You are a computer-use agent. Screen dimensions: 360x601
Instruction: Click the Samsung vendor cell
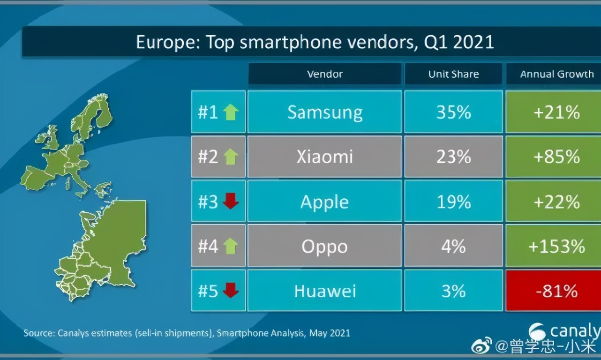[324, 112]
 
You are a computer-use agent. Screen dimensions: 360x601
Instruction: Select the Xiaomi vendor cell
[324, 157]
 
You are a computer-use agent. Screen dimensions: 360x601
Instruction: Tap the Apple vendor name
[324, 202]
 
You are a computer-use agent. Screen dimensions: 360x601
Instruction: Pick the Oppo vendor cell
[324, 247]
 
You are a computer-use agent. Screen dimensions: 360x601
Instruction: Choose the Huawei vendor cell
[324, 291]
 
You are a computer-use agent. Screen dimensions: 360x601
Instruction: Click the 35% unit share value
[453, 112]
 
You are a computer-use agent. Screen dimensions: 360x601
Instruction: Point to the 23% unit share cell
[453, 157]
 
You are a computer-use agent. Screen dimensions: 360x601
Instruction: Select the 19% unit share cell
[453, 202]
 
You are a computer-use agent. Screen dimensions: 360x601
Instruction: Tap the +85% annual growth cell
[556, 157]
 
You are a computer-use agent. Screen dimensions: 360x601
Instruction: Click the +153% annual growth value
[556, 247]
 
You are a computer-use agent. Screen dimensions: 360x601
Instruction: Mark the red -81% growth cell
[556, 291]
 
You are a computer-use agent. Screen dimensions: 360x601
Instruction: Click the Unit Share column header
[453, 74]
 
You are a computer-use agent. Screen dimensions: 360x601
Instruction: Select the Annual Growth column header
[556, 74]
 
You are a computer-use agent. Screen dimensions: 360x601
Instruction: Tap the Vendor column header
[324, 74]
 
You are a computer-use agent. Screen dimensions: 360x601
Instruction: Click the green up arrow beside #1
[231, 112]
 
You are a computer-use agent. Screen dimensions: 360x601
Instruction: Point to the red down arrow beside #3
[231, 202]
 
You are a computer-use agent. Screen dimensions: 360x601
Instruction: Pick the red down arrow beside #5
[231, 291]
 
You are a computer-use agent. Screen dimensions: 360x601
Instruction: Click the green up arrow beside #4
[231, 247]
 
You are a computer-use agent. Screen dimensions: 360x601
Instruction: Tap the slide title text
[315, 42]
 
